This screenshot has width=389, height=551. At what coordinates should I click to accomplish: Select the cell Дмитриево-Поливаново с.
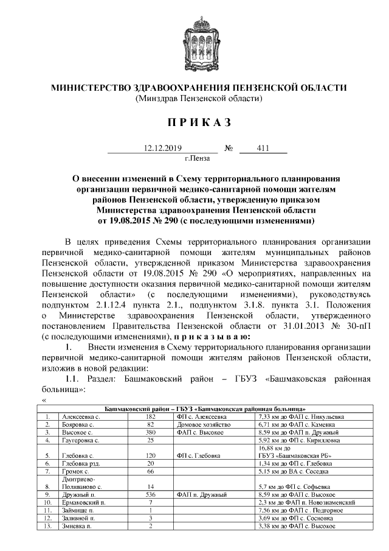click(x=81, y=483)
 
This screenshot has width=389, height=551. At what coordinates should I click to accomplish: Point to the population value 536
click(x=151, y=495)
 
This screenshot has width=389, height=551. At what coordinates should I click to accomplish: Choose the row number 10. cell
click(x=47, y=503)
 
